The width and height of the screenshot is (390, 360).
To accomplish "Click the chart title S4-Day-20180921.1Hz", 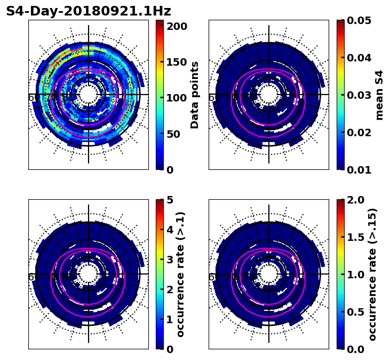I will [x=89, y=11].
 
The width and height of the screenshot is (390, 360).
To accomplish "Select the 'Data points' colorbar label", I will [x=195, y=95].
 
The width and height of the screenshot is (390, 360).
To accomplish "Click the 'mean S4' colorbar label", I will [x=379, y=95].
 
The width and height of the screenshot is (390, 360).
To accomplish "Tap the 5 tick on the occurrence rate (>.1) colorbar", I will [x=170, y=200].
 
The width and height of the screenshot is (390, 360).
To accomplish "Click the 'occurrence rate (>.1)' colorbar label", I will [x=180, y=275].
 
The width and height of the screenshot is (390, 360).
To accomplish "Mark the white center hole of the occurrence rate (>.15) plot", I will [x=269, y=274].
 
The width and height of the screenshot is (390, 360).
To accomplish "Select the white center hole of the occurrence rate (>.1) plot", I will [x=89, y=274].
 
